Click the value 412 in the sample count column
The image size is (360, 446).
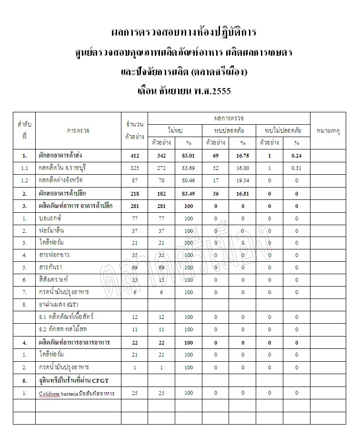click(x=134, y=155)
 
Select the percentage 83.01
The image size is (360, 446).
click(x=189, y=155)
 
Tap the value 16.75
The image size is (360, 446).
click(x=242, y=155)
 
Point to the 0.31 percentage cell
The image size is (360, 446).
click(x=297, y=168)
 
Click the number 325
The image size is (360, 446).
click(x=134, y=168)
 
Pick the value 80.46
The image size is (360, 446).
click(x=189, y=180)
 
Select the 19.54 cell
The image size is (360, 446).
click(x=242, y=180)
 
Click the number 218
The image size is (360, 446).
click(x=134, y=193)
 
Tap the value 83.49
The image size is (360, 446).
click(x=189, y=193)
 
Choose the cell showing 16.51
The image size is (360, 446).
click(x=242, y=193)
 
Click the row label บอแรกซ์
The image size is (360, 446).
click(x=51, y=218)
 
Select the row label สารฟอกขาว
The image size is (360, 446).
click(x=55, y=255)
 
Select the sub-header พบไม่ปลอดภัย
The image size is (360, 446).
click(x=283, y=129)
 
